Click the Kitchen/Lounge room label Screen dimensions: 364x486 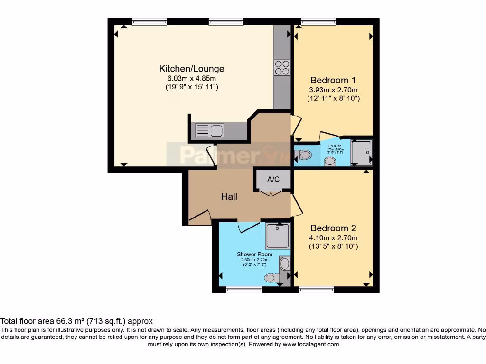coord(191,69)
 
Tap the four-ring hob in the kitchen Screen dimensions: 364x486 coord(282,68)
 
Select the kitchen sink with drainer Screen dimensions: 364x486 coord(209,131)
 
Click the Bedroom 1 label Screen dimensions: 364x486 coord(333,80)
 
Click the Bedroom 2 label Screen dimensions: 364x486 coord(333,228)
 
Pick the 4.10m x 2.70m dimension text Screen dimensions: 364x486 coord(333,238)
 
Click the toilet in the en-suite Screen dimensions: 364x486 coord(304,155)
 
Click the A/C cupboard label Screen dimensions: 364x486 coord(273,180)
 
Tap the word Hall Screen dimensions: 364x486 coord(229,196)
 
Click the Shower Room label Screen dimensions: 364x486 coord(254,255)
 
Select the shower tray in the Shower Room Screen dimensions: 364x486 coord(277,236)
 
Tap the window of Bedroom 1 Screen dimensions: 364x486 coord(318,21)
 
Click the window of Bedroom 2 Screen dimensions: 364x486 coord(317,289)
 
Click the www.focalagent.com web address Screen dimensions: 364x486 coord(311,345)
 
